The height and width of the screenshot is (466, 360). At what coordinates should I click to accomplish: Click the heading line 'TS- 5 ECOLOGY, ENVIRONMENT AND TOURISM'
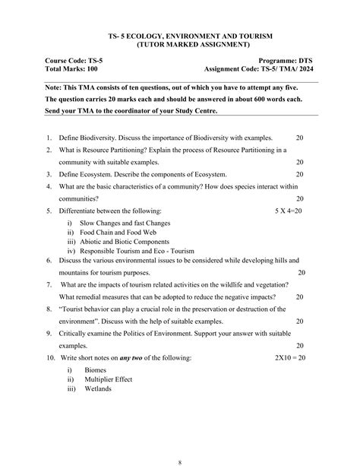(180, 36)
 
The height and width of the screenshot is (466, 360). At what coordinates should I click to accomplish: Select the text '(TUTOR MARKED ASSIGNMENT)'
(180, 45)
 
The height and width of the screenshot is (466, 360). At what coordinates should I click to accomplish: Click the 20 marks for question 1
(299, 137)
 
